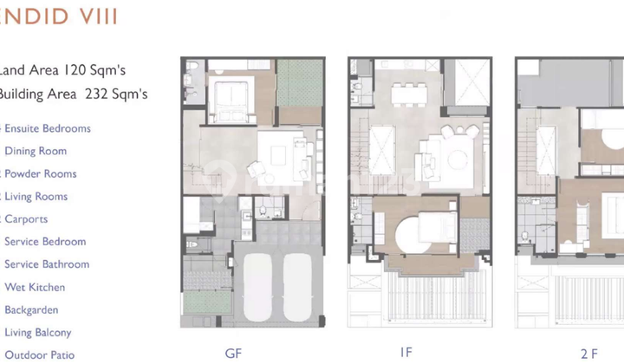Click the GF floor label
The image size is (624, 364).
[x=233, y=354]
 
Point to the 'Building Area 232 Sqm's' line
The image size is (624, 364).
[x=72, y=94]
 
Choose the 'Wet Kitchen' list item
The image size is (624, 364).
[x=35, y=287]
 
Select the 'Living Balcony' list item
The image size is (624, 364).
[x=38, y=332]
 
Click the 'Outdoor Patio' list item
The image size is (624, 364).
[x=39, y=354]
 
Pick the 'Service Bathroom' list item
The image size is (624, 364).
[x=47, y=264]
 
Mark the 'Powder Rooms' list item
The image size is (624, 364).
[x=41, y=173]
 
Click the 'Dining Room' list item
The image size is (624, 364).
[x=36, y=151]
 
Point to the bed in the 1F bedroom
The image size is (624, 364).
[x=422, y=228]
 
